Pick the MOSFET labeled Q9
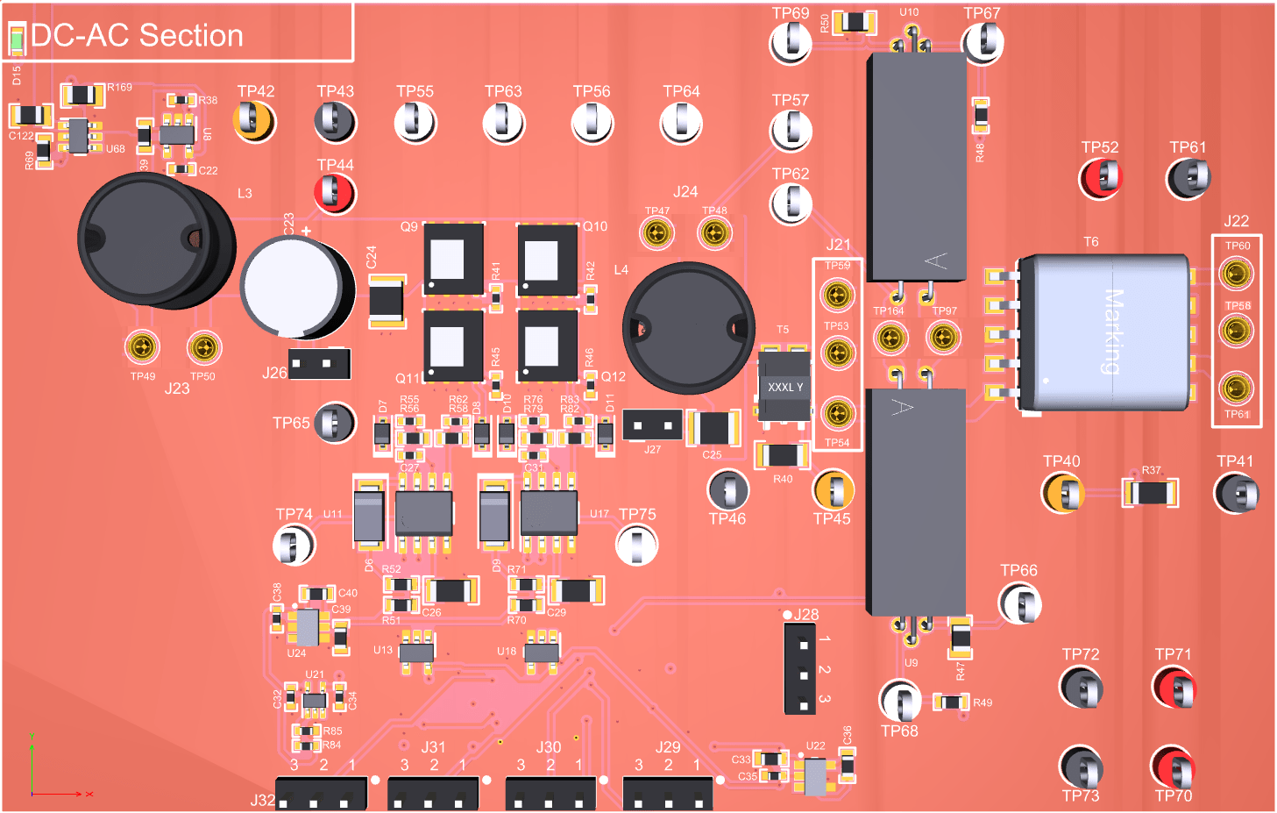[x=453, y=260]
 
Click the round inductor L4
[x=688, y=327]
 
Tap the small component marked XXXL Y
[x=784, y=387]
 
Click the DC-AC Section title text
[x=137, y=36]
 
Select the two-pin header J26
[x=319, y=363]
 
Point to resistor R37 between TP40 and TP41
[x=1150, y=493]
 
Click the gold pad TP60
[x=1236, y=274]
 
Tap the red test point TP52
[x=1101, y=178]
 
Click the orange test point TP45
[x=833, y=490]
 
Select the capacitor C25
[x=713, y=428]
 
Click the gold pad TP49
[x=143, y=348]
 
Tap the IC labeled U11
[x=424, y=512]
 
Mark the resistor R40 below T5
[x=782, y=455]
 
